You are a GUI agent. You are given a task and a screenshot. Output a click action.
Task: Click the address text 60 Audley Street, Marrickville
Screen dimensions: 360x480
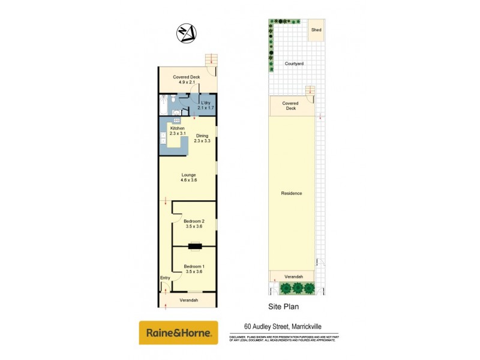tap(283, 326)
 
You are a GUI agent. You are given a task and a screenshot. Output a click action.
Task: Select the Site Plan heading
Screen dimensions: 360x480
tap(283, 306)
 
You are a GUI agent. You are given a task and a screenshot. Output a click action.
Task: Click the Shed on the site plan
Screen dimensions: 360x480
tap(316, 30)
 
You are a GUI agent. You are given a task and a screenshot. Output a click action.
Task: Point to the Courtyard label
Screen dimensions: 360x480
tap(294, 63)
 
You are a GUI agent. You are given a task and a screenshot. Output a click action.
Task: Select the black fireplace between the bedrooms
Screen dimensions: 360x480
tap(195, 246)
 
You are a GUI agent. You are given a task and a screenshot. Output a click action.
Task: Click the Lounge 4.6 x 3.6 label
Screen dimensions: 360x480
tap(189, 177)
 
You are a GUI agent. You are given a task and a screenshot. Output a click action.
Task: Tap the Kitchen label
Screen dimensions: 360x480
tap(177, 128)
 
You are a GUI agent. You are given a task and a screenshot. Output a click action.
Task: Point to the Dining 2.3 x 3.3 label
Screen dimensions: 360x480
tap(203, 137)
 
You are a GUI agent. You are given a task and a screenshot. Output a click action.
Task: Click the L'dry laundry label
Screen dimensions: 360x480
tap(206, 104)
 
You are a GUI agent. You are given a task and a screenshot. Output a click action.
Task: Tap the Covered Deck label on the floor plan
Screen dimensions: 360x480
tap(186, 79)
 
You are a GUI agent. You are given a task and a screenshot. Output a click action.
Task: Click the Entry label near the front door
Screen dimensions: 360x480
tap(165, 278)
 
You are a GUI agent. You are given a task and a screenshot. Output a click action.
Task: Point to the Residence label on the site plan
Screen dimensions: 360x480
tap(291, 193)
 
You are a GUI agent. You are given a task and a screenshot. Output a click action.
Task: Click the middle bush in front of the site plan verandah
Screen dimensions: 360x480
tap(297, 289)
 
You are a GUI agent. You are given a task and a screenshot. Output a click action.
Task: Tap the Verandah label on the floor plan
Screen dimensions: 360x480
tap(188, 300)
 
